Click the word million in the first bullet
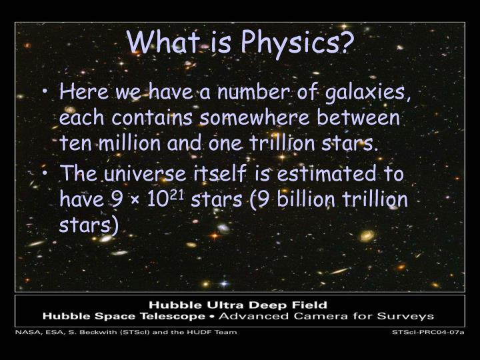128,142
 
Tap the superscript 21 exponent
177,195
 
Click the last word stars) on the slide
89,225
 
